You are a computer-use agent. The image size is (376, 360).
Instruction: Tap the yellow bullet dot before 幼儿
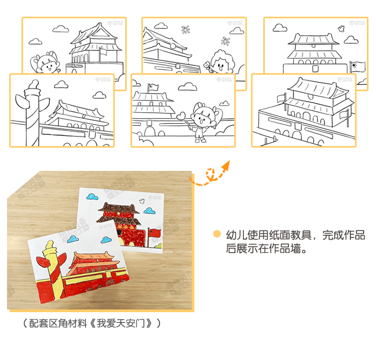[x=216, y=234]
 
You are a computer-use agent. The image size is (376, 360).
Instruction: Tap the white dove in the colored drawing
[x=142, y=201]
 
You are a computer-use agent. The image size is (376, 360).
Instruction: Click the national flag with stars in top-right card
[x=357, y=67]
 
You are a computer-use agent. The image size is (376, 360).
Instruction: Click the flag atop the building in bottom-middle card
[x=153, y=87]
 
